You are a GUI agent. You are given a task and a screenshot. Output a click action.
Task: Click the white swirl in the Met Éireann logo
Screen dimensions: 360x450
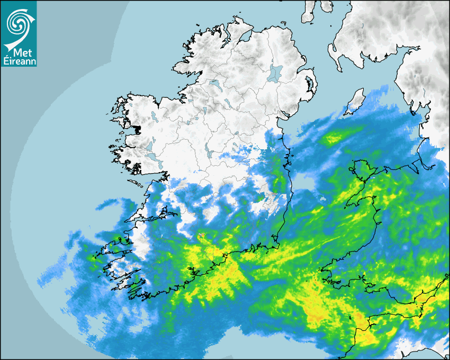(18, 22)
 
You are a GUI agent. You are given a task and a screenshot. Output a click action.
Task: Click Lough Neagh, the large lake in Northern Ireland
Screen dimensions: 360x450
(275, 73)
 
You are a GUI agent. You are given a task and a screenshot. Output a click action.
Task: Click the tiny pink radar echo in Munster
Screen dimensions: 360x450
(201, 236)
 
